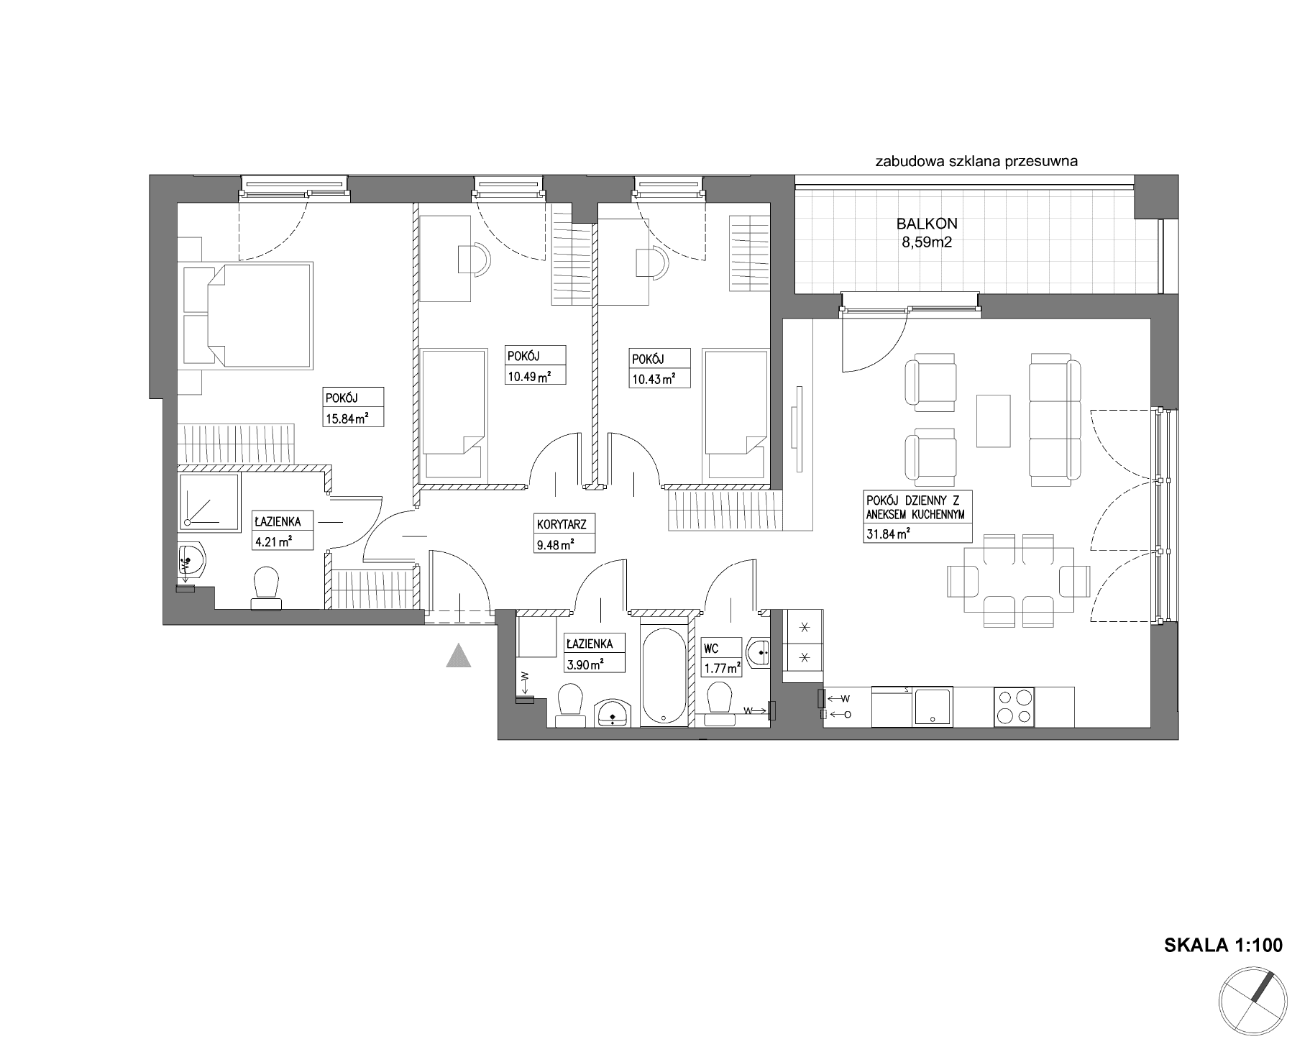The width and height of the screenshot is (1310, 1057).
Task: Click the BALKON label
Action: [926, 224]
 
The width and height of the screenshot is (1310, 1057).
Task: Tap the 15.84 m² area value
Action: [342, 419]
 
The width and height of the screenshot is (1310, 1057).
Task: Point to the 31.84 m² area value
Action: [889, 533]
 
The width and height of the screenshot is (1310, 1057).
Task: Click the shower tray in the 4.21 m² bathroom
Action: [209, 502]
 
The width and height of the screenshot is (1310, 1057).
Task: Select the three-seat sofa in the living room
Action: [1054, 412]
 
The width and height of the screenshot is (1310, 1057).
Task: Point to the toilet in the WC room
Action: [719, 702]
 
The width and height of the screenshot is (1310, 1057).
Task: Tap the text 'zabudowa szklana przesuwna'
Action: [976, 162]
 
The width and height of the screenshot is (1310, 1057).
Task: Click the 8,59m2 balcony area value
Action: [927, 242]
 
